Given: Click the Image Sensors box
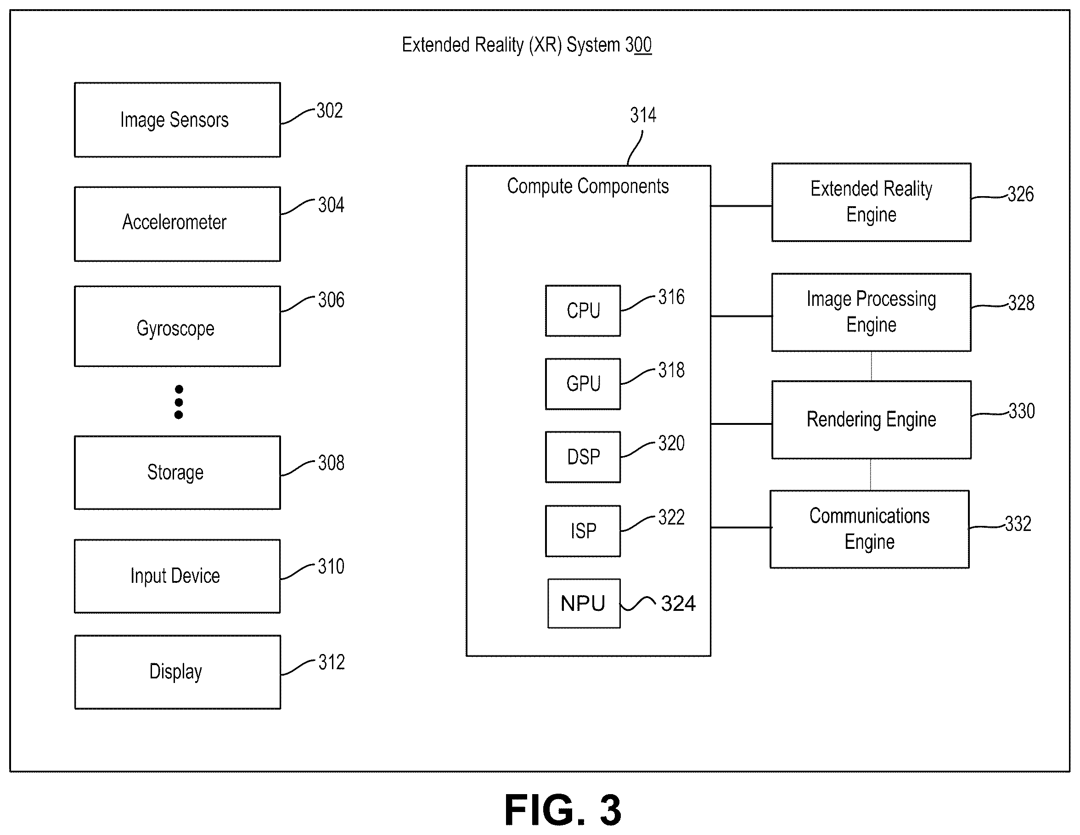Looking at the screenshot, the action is click(177, 120).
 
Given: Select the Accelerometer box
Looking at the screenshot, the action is click(177, 224).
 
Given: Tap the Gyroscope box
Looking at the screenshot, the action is click(177, 326).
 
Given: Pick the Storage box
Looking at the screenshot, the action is click(177, 473).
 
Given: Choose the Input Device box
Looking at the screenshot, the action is click(177, 576).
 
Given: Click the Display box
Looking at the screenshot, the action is click(178, 672).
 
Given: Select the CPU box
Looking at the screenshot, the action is click(583, 310).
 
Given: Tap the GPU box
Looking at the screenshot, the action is click(583, 384).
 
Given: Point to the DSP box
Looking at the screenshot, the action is click(583, 457).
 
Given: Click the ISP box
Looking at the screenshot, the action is click(583, 531).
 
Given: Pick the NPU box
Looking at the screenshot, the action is click(584, 604).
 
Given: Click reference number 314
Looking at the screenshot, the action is click(643, 115).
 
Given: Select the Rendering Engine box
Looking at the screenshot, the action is click(872, 419).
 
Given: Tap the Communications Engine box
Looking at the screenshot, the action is click(869, 529).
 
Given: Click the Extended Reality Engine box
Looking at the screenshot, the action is click(872, 202).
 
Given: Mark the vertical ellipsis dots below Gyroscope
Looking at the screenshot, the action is click(179, 402).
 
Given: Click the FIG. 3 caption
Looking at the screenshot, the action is click(563, 810).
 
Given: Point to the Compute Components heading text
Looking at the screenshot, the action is click(588, 186).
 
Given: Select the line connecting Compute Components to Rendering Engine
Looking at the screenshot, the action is click(741, 424).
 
